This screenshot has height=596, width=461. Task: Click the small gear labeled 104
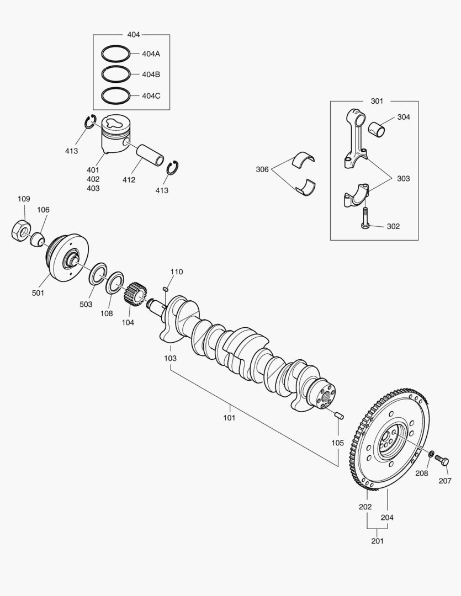134,294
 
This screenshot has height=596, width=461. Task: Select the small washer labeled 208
431,454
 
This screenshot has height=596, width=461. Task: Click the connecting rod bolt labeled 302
364,218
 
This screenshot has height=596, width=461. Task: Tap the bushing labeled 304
377,129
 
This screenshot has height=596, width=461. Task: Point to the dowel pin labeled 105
340,415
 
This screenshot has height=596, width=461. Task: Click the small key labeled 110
166,289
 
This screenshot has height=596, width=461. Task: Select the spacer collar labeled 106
38,240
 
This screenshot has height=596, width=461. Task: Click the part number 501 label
38,292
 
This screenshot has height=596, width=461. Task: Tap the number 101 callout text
229,418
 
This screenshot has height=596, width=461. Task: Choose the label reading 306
262,169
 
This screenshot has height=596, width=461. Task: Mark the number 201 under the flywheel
377,540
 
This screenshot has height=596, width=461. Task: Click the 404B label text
151,74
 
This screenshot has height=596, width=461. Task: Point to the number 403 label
93,188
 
